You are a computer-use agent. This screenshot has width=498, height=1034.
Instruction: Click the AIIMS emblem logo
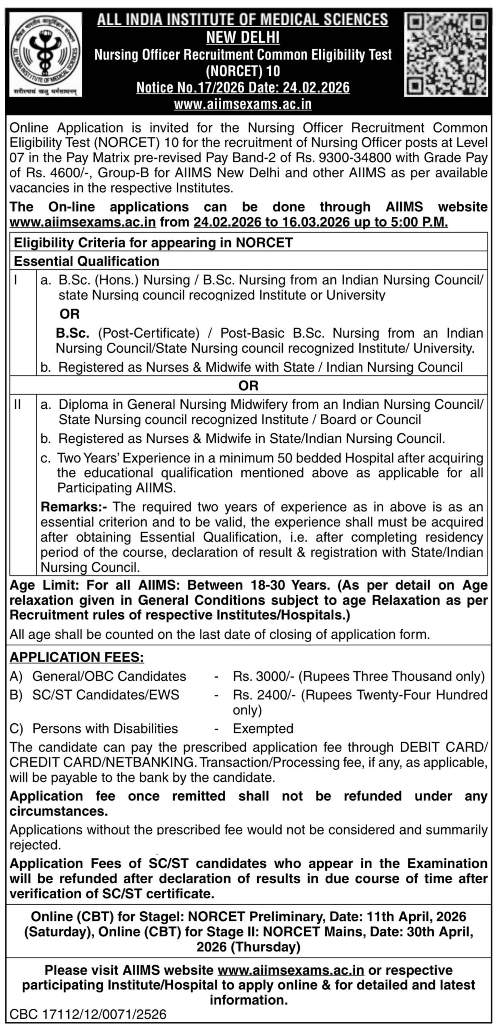(46, 54)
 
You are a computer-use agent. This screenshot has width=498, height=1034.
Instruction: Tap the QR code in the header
(446, 54)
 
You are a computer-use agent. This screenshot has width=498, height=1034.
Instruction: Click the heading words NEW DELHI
(243, 37)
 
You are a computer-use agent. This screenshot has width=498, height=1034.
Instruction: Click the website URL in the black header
(243, 104)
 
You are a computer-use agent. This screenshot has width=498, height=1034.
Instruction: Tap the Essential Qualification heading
(87, 261)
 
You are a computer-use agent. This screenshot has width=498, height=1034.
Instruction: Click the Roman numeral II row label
(17, 404)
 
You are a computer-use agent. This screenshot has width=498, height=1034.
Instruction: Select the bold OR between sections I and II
(248, 386)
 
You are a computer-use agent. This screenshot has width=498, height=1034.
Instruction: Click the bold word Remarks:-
(75, 506)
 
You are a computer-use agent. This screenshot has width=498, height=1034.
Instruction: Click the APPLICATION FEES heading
(77, 657)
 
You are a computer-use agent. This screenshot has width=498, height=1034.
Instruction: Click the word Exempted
(263, 728)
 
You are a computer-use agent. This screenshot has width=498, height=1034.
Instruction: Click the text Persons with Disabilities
(105, 728)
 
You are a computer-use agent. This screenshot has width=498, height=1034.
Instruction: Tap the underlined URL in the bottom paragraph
(291, 970)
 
